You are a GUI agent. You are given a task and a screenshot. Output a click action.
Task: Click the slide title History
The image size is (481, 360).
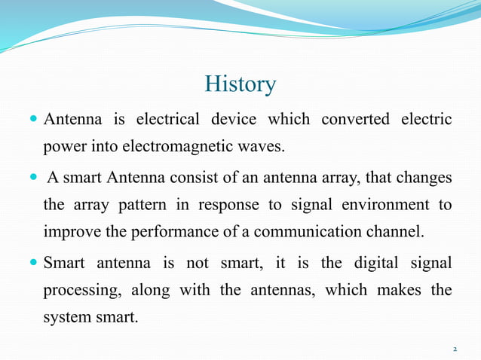click(x=240, y=84)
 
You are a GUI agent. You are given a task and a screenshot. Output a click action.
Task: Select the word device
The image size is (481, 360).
click(x=234, y=120)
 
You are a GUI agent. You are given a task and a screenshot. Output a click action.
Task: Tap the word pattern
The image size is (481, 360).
click(x=150, y=204)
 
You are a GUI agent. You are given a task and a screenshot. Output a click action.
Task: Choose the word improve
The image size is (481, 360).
click(x=69, y=230)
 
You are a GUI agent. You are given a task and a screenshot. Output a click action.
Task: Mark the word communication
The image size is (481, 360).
click(x=296, y=230)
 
